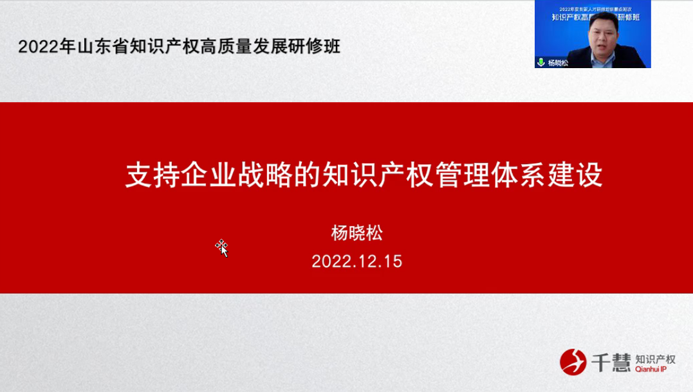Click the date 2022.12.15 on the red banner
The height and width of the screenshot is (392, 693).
[x=356, y=261]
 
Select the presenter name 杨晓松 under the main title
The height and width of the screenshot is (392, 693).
[x=356, y=233]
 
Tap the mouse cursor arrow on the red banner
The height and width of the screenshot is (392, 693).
[x=222, y=248]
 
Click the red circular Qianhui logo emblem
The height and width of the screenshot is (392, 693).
[x=573, y=362]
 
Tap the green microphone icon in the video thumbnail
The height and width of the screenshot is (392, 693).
[x=541, y=62]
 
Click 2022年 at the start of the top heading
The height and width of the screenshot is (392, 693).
[x=39, y=47]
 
